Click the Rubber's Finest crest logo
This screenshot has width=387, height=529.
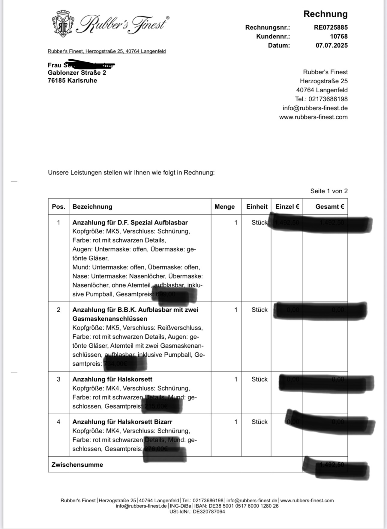click(63, 23)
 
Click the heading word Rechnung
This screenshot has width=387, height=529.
click(325, 14)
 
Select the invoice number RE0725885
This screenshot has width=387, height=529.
click(331, 28)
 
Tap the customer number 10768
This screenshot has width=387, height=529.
click(339, 37)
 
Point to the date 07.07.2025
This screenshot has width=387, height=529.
click(331, 46)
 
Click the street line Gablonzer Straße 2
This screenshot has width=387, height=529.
click(77, 73)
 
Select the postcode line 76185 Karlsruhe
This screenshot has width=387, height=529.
click(72, 81)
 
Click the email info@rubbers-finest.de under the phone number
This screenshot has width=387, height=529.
click(315, 108)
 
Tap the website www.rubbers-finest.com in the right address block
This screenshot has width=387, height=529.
click(313, 117)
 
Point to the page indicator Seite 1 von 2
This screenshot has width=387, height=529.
click(329, 191)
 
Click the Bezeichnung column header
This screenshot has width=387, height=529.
click(92, 207)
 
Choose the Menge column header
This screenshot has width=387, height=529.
click(224, 207)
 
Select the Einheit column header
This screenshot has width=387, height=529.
click(257, 207)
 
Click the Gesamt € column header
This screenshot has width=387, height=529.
click(329, 207)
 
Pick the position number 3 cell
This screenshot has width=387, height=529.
click(58, 379)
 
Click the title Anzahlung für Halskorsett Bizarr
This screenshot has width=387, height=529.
click(122, 422)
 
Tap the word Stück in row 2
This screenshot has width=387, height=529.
click(259, 310)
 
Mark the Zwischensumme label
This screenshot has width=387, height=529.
click(77, 465)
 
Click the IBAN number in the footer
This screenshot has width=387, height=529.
click(244, 506)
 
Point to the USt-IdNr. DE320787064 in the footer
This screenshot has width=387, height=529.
click(197, 512)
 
